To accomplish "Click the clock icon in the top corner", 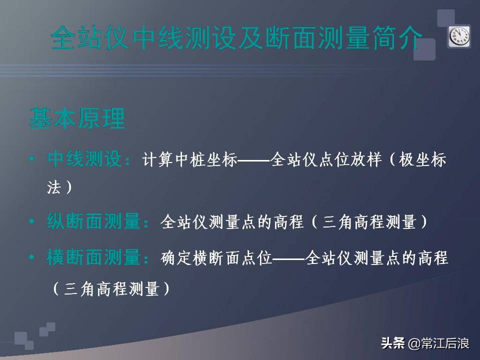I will click(458, 36).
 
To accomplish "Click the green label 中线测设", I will click(85, 160).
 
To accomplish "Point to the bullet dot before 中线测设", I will click(32, 160).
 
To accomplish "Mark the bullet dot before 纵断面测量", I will click(32, 221).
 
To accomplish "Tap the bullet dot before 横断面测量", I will click(32, 258).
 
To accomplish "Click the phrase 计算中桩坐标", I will click(189, 161).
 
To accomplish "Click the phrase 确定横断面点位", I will click(216, 258).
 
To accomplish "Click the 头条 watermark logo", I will click(392, 343).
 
